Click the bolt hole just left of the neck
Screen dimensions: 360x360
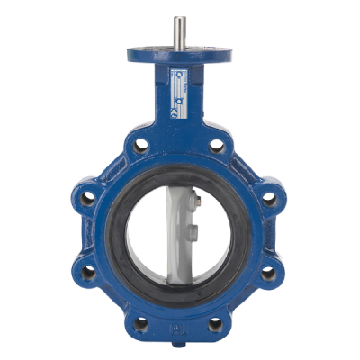141,144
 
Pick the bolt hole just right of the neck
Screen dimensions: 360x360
217,144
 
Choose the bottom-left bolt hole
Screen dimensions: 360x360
141,320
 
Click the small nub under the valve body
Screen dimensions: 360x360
179,344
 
